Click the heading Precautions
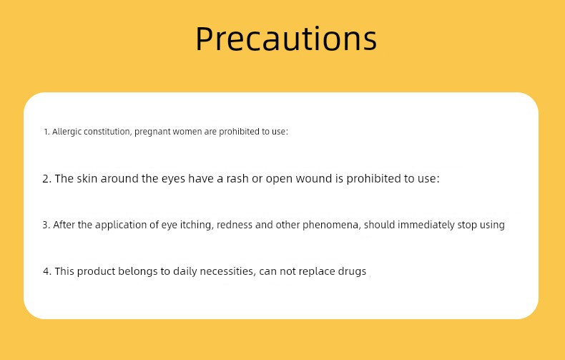click(x=286, y=38)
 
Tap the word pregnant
click(x=152, y=132)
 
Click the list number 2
click(x=46, y=178)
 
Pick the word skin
click(x=87, y=178)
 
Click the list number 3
click(x=46, y=225)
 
